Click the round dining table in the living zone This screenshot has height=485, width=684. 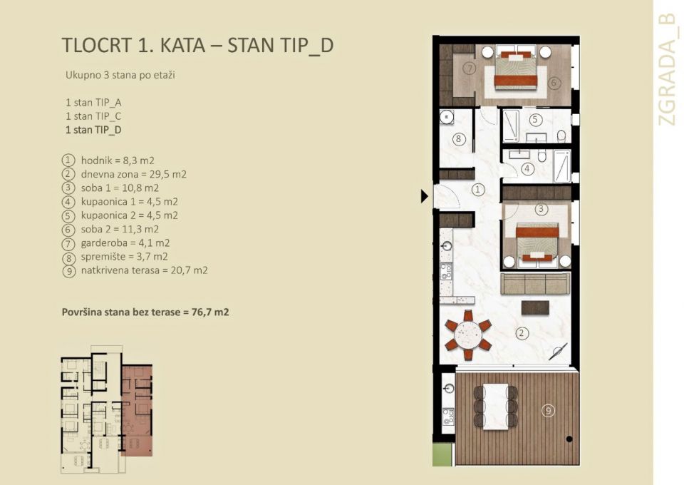[468, 333]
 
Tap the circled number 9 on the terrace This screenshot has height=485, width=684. [547, 410]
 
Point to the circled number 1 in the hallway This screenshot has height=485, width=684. [478, 189]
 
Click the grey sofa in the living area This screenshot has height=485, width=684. [535, 283]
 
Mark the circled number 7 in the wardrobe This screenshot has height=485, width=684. [468, 69]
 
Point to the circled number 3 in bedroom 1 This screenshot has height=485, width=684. [541, 209]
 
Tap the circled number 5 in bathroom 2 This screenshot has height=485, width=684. [535, 120]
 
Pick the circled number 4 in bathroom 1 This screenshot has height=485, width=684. [527, 169]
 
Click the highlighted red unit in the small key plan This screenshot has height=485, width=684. [137, 410]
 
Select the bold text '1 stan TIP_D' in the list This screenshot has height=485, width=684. [93, 130]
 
